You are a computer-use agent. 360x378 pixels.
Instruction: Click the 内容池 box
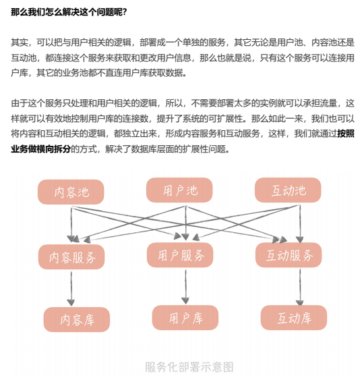pos(71,192)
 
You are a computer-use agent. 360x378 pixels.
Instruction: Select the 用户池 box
pos(179,190)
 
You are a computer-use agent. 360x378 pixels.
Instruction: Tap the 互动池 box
pos(288,190)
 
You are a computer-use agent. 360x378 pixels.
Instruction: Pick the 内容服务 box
pos(71,257)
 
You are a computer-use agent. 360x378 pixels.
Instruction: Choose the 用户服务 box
pos(180,255)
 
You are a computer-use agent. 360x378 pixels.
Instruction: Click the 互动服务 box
pos(289,255)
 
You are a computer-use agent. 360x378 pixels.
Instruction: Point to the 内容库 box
pos(77,320)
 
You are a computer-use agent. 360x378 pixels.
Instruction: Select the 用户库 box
pos(185,318)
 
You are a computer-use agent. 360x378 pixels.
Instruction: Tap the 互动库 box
pos(294,318)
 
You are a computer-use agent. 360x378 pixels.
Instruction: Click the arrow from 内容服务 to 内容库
pos(71,289)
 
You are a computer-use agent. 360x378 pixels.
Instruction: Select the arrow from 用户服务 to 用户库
pos(185,287)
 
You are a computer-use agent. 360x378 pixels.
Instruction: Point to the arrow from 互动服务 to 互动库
pos(300,287)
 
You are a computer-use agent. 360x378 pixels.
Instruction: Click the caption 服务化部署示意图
pos(189,367)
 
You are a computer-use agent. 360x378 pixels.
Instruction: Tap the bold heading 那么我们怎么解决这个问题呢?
pos(69,12)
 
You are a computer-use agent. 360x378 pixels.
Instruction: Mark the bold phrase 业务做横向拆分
pos(40,149)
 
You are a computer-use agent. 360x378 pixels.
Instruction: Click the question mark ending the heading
pos(125,12)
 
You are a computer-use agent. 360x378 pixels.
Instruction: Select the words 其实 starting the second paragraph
pos(20,43)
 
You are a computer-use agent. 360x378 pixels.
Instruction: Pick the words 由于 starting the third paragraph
pos(20,103)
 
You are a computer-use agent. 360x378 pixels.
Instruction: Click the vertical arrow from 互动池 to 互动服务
pos(300,224)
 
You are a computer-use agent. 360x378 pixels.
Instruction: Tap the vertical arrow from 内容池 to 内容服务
pos(71,224)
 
